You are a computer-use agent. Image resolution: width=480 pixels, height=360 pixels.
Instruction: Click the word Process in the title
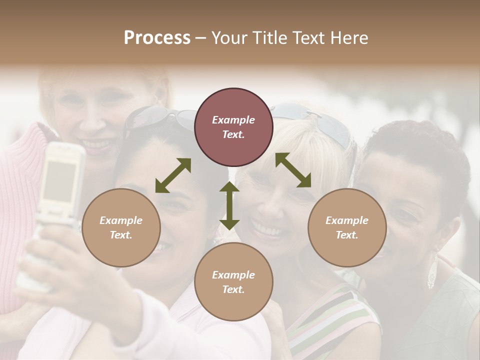157,38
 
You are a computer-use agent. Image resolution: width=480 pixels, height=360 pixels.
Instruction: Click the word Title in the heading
270,38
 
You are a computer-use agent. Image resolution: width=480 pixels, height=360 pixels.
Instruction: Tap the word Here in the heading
348,38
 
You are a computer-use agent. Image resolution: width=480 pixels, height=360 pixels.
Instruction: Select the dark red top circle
233,127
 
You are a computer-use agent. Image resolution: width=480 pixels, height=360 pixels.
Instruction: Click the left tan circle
121,227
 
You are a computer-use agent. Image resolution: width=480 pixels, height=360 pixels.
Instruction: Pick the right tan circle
347,227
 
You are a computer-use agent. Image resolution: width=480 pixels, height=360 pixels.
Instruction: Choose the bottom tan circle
233,281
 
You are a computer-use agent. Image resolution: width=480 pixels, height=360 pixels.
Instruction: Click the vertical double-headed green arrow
229,205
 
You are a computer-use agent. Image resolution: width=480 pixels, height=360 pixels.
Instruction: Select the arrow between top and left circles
173,175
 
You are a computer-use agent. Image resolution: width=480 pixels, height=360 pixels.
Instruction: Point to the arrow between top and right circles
293,170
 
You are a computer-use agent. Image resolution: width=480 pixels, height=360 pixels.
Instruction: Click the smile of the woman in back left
97,145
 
